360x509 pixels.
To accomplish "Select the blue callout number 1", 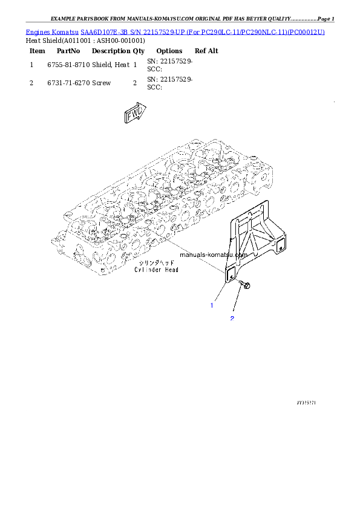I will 212,305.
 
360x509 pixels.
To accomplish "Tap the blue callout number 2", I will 231,318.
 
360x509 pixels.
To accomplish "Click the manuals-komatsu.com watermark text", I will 214,255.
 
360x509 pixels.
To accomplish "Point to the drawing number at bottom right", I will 307,401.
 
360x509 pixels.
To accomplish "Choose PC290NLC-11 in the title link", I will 264,31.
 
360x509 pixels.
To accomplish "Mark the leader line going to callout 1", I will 220,293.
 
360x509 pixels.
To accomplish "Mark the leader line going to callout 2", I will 238,302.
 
